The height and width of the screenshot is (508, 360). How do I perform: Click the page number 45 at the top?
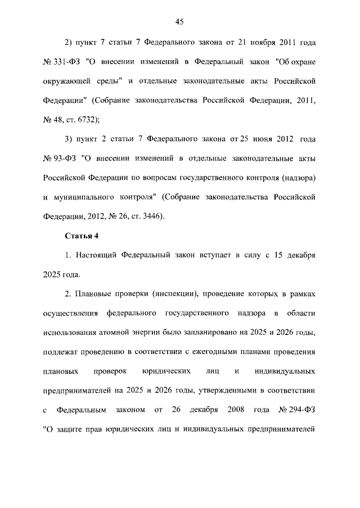179,22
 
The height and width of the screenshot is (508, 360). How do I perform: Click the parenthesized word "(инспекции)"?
155,294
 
